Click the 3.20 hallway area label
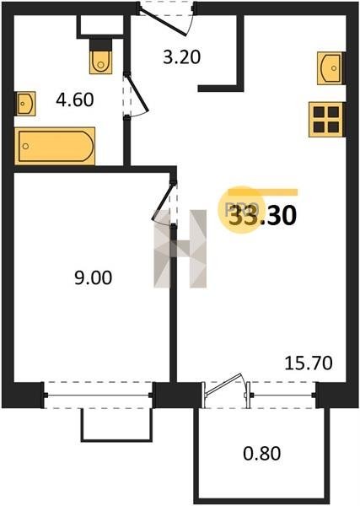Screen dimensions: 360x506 coord(182,57)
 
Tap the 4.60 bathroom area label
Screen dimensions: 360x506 coord(75,100)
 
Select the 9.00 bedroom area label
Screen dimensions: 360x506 coord(94,277)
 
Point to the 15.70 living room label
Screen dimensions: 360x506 coord(308,363)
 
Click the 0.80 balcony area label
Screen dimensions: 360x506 coord(261,453)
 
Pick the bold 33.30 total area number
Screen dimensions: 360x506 coord(262,216)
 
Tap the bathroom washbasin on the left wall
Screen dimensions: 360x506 coord(25,103)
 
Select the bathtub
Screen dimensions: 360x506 coord(55,146)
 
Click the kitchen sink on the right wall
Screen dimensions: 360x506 coord(330,68)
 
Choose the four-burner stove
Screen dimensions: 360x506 coord(325,120)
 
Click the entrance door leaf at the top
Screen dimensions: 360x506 coord(164,22)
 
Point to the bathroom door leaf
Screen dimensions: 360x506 coord(137,93)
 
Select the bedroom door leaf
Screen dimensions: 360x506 coord(163,202)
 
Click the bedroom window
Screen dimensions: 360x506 coord(98,395)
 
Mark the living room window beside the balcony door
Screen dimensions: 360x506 coord(283,395)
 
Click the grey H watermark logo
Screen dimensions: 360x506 coord(180,249)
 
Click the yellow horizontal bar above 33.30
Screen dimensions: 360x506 coord(262,192)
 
